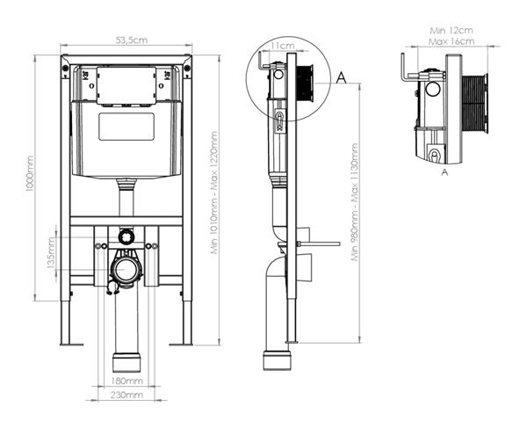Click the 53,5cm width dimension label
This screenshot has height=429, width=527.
coord(132,40)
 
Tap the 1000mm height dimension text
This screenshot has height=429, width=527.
coord(30,173)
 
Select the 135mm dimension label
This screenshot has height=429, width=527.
coord(51,253)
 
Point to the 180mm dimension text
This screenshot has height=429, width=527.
coord(127,381)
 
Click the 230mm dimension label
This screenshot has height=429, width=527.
coord(126,395)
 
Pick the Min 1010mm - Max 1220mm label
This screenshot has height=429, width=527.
coord(214,193)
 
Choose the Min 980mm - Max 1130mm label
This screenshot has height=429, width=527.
coord(355,202)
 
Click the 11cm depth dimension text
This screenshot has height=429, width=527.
coord(283,45)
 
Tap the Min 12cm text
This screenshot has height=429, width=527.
coord(451,31)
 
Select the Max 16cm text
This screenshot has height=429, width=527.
coord(451,41)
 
